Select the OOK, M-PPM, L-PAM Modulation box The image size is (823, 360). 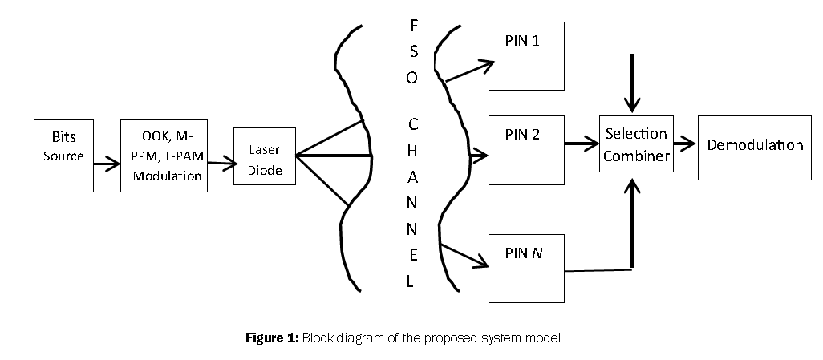pos(164,156)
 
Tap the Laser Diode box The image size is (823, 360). pos(264,156)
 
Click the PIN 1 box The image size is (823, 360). pos(525,55)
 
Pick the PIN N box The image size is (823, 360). pos(525,268)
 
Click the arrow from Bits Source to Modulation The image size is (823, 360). pos(105,165)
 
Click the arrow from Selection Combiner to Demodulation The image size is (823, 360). pos(684,145)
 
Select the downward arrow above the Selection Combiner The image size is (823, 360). pos(634,83)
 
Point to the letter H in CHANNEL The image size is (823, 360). pos(412,151)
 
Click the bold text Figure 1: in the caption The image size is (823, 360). pos(272,338)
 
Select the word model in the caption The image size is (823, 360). pos(545,338)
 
